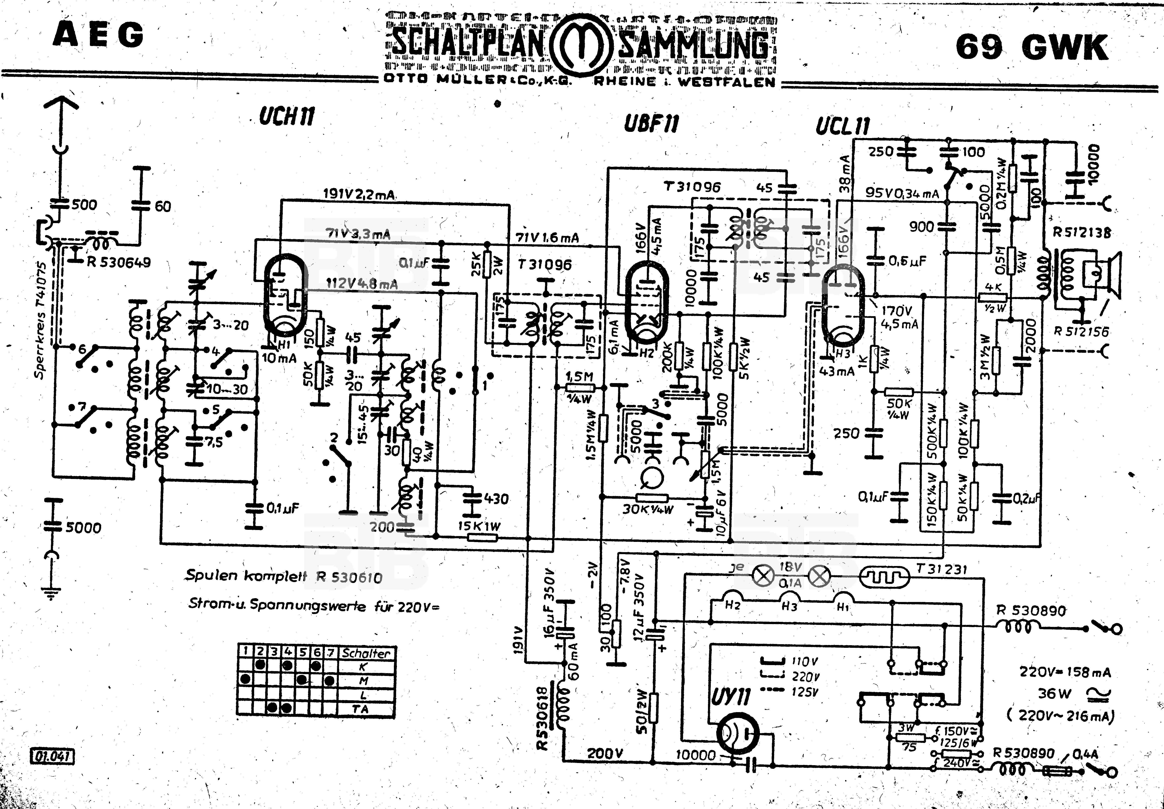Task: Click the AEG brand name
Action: [x=98, y=36]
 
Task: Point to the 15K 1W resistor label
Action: [x=479, y=526]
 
